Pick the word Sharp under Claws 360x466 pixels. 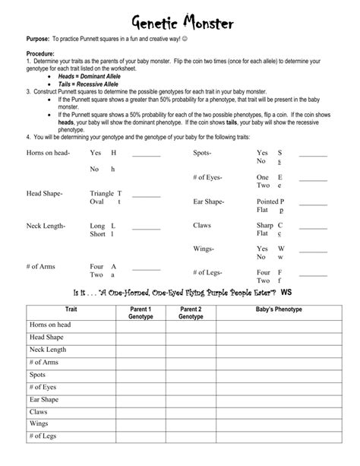pos(264,226)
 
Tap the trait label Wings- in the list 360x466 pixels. pos(203,249)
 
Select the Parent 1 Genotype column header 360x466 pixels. pos(141,313)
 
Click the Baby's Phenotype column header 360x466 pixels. pos(278,310)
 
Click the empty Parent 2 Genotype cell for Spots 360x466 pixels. pos(190,375)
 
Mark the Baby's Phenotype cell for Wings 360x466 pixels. pos(278,423)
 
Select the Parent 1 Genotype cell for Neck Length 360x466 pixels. pos(141,350)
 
